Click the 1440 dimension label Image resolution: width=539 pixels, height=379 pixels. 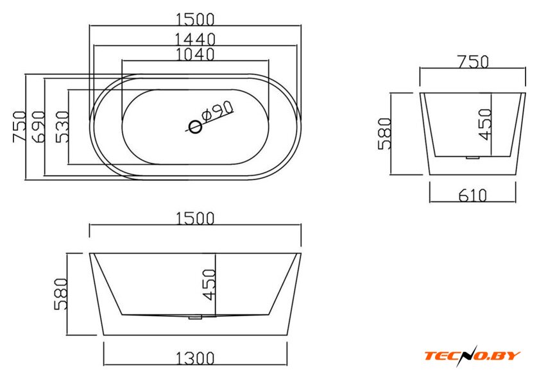point(195,39)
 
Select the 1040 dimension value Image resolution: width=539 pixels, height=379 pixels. point(195,55)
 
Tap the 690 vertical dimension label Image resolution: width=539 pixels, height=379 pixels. point(38,126)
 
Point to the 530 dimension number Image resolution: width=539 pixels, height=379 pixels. point(63,126)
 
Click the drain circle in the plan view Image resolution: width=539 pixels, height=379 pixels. point(195,127)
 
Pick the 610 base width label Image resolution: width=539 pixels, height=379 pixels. point(473,195)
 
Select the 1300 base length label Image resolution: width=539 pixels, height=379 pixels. point(195,358)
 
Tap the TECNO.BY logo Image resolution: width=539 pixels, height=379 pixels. point(472,355)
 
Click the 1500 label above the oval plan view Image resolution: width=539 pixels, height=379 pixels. point(195,19)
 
